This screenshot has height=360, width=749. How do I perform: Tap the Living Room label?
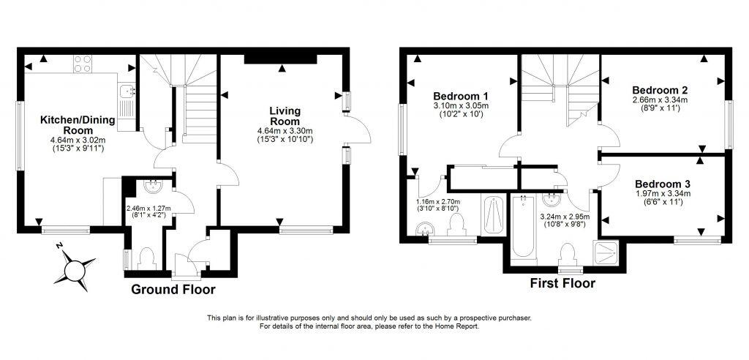[x=285, y=116]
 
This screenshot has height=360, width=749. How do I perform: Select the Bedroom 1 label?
[x=461, y=96]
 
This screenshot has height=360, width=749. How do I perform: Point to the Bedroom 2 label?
[x=660, y=89]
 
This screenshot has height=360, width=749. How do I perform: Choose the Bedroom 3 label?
[x=661, y=183]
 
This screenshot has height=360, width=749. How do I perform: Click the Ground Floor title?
[x=173, y=290]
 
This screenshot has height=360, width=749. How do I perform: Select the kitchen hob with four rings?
[x=81, y=64]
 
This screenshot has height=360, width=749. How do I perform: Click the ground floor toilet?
[x=146, y=258]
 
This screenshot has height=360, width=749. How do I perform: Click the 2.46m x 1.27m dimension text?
[x=148, y=211]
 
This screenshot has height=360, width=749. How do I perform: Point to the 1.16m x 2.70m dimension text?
[x=437, y=204]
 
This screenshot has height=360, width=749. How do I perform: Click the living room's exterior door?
[x=355, y=132]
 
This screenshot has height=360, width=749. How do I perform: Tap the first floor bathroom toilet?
[x=566, y=255]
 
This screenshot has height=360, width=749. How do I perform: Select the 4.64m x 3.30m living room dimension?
[x=285, y=135]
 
